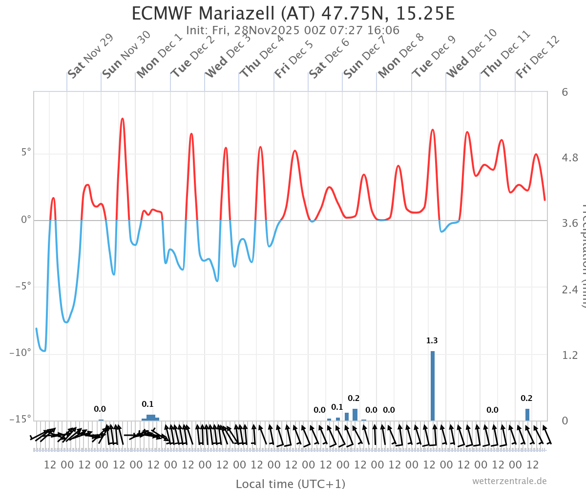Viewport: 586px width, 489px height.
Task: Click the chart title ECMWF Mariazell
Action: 293,13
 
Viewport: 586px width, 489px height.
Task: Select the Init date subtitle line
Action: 293,30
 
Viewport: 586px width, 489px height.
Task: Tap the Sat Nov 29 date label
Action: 90,56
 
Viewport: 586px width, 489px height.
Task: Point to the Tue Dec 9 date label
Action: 434,56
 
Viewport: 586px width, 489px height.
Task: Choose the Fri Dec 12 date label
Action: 538,56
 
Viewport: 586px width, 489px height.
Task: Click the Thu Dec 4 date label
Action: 262,56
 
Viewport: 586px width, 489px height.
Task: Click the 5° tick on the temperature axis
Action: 26,153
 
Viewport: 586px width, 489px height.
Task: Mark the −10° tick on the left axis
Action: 21,353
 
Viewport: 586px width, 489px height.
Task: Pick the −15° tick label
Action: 21,419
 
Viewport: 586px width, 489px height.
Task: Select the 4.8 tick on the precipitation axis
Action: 570,158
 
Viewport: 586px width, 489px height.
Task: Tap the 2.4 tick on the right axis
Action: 570,289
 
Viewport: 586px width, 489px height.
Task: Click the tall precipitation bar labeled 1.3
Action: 433,386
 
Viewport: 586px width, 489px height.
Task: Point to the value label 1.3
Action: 432,340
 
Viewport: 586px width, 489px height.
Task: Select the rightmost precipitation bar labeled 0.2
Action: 527,415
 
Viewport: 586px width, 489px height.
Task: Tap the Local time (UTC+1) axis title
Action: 291,484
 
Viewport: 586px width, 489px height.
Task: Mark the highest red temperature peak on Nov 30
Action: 122,119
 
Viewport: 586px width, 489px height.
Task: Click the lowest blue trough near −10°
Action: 44,351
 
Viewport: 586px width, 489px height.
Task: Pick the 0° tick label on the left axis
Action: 26,220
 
